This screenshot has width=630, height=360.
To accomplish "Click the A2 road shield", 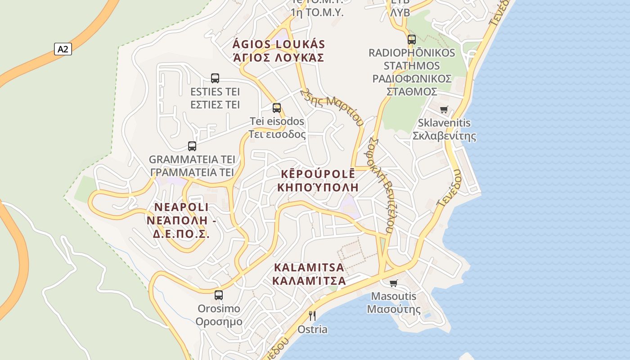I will point(63,49).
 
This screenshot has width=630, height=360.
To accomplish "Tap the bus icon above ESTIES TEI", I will point(215,78).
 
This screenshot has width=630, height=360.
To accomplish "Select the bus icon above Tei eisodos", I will point(277,108).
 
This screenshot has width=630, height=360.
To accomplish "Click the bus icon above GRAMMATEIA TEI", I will point(192,146).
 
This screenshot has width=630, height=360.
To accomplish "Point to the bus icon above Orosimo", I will point(219,295).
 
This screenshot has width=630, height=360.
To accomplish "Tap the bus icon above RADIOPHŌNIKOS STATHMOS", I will point(412,40).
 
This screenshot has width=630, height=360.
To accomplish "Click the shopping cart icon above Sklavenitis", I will point(444,109).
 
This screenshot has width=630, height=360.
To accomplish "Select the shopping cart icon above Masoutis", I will point(394,283).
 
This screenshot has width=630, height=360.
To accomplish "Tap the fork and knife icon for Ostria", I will point(312,315).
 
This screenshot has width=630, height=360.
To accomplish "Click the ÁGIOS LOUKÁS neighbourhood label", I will point(279,45).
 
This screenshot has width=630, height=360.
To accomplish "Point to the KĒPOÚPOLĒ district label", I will point(318,174).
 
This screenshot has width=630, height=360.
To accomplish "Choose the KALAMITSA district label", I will point(309,268).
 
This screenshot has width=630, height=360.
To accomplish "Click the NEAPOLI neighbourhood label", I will point(181,207).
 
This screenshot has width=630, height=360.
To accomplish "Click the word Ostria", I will point(312,329).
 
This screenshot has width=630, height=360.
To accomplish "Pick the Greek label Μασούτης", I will point(394,309).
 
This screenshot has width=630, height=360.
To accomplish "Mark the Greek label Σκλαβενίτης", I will point(444,136).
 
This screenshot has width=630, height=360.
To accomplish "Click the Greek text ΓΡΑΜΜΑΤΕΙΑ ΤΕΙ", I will point(192,172).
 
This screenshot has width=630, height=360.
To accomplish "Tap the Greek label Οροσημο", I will point(219,322).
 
